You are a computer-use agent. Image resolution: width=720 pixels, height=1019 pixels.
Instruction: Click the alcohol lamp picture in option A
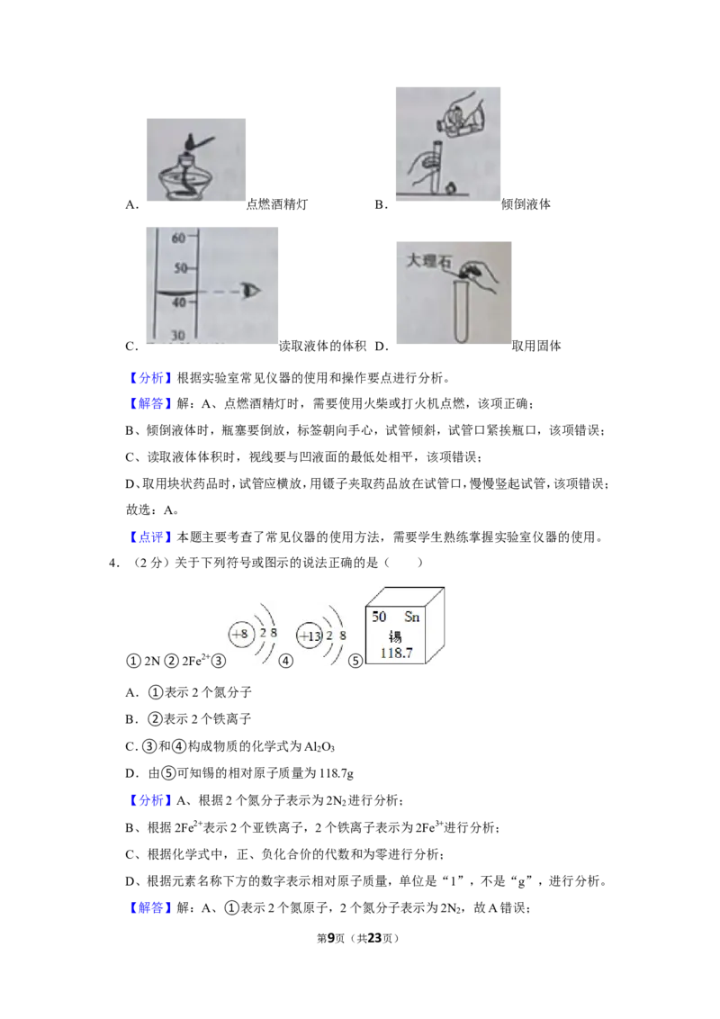[195, 159]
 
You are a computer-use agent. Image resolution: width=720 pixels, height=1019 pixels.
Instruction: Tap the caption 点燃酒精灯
[277, 204]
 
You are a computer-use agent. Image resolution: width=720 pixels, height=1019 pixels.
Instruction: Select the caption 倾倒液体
[526, 204]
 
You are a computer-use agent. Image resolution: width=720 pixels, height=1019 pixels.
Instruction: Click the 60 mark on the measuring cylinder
[178, 239]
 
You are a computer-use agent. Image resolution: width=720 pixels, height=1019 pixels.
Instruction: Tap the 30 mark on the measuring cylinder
[178, 336]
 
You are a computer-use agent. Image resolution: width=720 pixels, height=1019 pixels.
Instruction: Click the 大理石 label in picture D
[428, 260]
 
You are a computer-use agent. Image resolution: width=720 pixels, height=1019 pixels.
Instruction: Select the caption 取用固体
[536, 346]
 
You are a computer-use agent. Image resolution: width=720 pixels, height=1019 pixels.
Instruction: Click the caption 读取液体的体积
[322, 346]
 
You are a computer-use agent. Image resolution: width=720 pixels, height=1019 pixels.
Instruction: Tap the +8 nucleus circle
[240, 634]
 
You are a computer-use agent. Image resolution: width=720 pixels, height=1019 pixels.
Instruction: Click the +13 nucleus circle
[310, 636]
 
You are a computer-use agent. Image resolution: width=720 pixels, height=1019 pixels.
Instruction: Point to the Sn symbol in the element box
[412, 617]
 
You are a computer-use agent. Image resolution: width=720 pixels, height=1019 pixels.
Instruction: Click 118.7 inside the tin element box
[396, 654]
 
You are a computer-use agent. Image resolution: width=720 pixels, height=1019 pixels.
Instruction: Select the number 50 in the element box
[379, 616]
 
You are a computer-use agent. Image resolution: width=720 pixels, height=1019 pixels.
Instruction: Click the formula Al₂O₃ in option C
[319, 747]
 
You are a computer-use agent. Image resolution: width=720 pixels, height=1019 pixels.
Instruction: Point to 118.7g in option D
[337, 773]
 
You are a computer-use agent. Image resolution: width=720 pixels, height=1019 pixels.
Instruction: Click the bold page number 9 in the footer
[331, 938]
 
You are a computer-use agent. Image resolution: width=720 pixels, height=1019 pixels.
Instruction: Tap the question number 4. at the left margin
[114, 563]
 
